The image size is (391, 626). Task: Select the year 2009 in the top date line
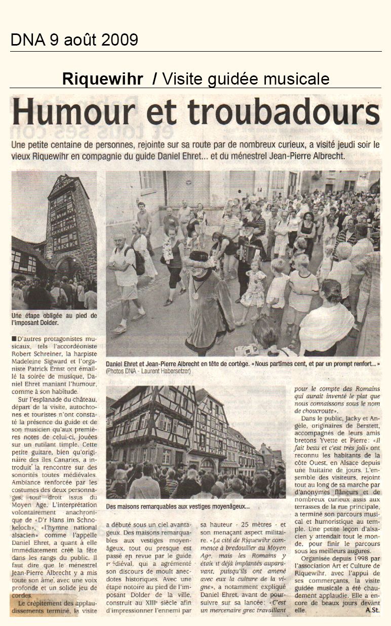click(x=119, y=40)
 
